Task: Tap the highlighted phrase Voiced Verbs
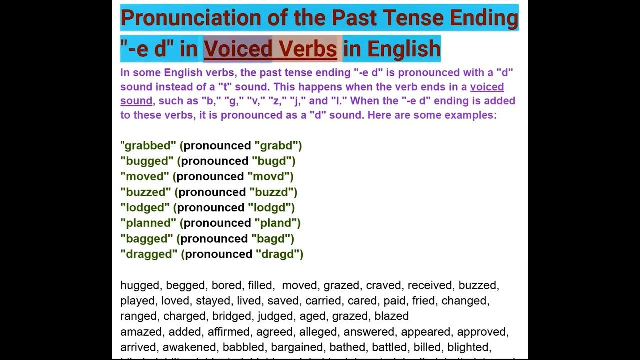coord(270,49)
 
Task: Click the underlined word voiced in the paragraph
coord(487,87)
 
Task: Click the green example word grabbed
coord(148,146)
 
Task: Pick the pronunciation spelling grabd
coord(278,146)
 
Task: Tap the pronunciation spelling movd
coord(270,177)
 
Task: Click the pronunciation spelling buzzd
coord(272,192)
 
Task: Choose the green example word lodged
coord(146,208)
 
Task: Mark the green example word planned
coord(148,223)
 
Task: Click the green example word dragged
coord(149,254)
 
